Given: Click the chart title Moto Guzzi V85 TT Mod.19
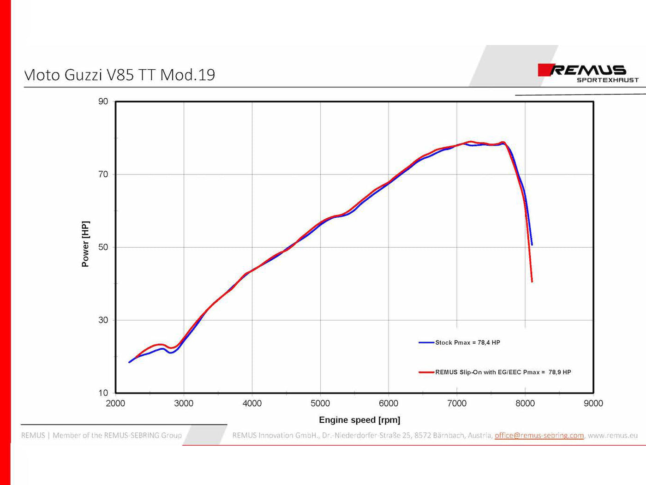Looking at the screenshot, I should pyautogui.click(x=120, y=75).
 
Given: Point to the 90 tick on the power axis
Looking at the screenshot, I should pyautogui.click(x=103, y=102).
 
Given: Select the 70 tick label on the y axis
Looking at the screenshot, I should pyautogui.click(x=103, y=174).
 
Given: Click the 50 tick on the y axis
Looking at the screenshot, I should pyautogui.click(x=103, y=247).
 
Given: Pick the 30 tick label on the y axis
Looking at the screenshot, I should pyautogui.click(x=103, y=320).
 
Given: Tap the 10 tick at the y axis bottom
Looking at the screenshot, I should pyautogui.click(x=103, y=393).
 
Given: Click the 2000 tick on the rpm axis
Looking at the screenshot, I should pyautogui.click(x=115, y=403).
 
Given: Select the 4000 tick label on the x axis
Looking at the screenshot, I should pyautogui.click(x=252, y=403).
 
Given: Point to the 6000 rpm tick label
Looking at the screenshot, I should pyautogui.click(x=389, y=403).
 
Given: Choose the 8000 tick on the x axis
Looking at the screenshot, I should pyautogui.click(x=525, y=403).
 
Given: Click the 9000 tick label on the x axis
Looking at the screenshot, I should pyautogui.click(x=593, y=403).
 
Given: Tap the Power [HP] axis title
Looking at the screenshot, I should pyautogui.click(x=85, y=244).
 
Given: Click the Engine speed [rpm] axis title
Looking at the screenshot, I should pyautogui.click(x=359, y=420).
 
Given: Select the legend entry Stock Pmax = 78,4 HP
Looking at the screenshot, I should pyautogui.click(x=467, y=342).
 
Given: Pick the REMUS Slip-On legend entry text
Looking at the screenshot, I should pyautogui.click(x=503, y=372).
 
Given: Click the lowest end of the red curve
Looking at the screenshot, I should pyautogui.click(x=532, y=281).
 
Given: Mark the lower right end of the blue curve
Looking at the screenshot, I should pyautogui.click(x=532, y=245).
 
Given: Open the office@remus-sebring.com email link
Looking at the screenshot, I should pyautogui.click(x=539, y=435).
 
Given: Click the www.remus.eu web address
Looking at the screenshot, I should pyautogui.click(x=612, y=435).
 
